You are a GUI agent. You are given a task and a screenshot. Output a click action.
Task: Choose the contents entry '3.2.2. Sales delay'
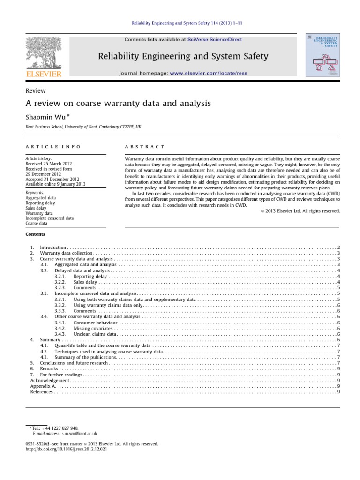click(x=85, y=282)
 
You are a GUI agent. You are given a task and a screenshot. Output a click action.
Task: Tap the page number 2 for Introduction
click(x=338, y=247)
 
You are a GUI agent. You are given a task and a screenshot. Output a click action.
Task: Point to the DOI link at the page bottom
click(x=66, y=449)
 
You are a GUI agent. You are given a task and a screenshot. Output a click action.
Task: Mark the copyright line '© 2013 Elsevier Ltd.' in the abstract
click(x=300, y=211)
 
